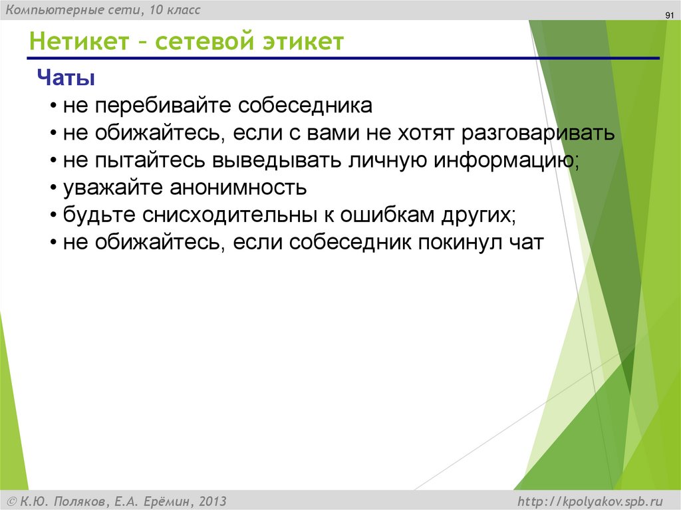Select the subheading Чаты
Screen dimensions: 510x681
(x=65, y=78)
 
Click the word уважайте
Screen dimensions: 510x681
(x=114, y=188)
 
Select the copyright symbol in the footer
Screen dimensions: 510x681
(x=12, y=501)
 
